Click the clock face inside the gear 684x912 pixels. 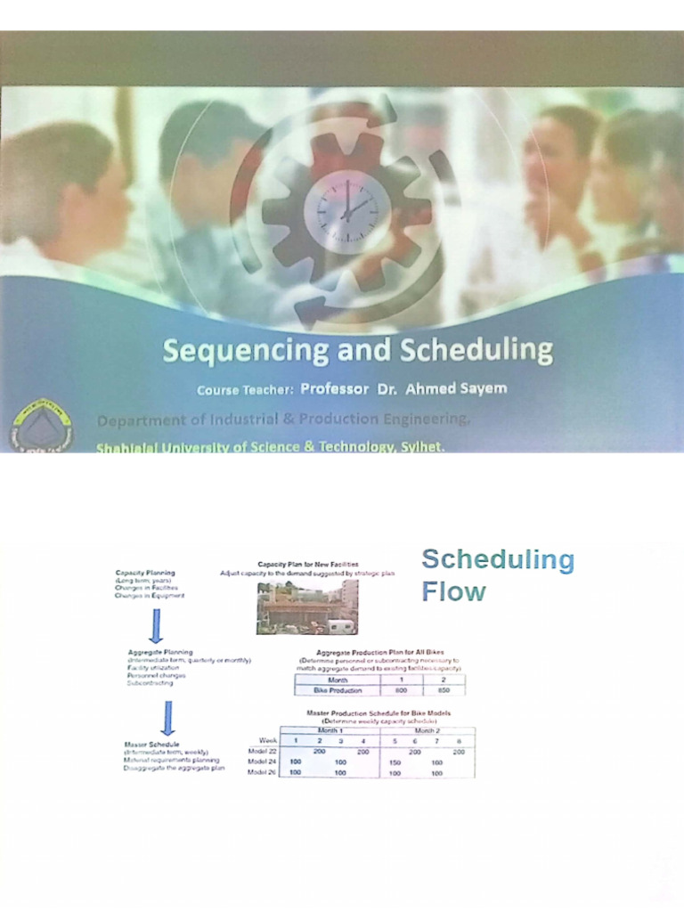[346, 211]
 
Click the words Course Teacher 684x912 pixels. [245, 390]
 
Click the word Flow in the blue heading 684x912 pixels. [453, 591]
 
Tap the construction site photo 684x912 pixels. [306, 607]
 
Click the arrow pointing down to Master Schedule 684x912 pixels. [167, 717]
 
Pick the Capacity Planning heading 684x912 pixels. [145, 573]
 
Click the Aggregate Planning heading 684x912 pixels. [160, 652]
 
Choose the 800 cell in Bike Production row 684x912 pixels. [401, 690]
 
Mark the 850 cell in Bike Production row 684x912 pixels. [444, 690]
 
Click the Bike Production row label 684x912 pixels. [334, 690]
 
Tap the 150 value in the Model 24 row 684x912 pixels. [395, 762]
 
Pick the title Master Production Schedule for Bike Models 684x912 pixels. [379, 713]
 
